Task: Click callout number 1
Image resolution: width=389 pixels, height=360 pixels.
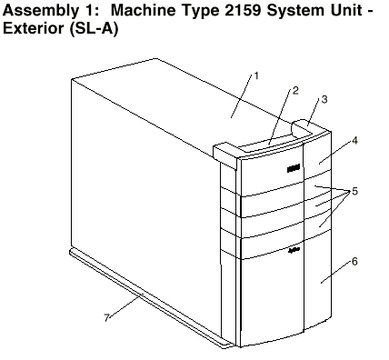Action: pos(256,75)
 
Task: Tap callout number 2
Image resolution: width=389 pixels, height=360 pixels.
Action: pos(295,90)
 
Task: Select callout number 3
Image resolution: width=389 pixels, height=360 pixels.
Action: pos(324,99)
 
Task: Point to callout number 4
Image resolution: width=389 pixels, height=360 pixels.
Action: pos(354,140)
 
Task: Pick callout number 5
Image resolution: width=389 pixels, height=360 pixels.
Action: pos(354,191)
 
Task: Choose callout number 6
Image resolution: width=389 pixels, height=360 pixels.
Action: pos(354,261)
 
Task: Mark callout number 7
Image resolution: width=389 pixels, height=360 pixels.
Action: pos(106,317)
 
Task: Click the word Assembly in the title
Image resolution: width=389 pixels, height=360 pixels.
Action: pos(39,11)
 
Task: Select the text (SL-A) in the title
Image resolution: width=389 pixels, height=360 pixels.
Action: pos(94,28)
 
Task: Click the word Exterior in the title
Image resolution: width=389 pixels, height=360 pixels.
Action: pos(34,28)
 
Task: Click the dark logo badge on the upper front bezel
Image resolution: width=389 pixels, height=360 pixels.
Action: pos(294,168)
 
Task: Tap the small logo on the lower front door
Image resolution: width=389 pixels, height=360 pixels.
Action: pos(294,250)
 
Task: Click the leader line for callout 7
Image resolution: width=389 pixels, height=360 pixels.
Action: pos(125,305)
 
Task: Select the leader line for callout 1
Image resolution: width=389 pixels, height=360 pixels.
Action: pos(242,96)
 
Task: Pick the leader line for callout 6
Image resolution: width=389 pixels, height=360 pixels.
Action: pos(336,274)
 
